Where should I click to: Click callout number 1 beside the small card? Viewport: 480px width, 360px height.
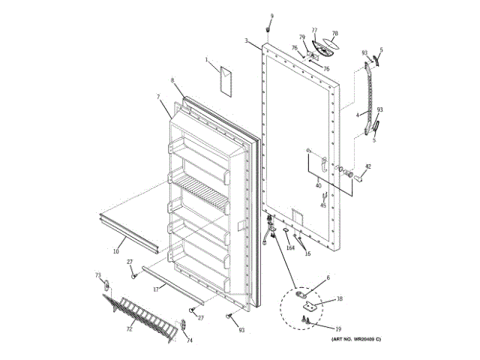[x=208, y=59]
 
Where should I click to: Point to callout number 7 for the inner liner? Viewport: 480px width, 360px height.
[x=158, y=97]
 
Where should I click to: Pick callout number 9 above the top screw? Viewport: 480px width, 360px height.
[x=271, y=16]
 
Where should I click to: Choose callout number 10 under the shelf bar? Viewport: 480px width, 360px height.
[x=116, y=251]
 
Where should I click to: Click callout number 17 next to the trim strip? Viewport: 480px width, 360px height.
[x=156, y=289]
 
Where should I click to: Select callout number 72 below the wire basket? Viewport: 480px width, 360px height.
[x=129, y=329]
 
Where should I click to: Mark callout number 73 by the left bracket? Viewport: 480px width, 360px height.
[x=97, y=275]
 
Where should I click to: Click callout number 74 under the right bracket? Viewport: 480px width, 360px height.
[x=189, y=340]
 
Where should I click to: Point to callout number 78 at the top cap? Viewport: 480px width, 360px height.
[x=334, y=34]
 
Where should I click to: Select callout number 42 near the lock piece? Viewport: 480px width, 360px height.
[x=367, y=166]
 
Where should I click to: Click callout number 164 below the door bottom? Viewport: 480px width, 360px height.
[x=289, y=247]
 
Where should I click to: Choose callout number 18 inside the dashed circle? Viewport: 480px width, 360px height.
[x=340, y=299]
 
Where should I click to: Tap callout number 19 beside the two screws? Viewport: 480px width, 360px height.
[x=338, y=328]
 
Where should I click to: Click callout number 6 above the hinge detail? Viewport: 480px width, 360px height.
[x=327, y=277]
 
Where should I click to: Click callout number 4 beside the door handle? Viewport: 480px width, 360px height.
[x=358, y=114]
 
